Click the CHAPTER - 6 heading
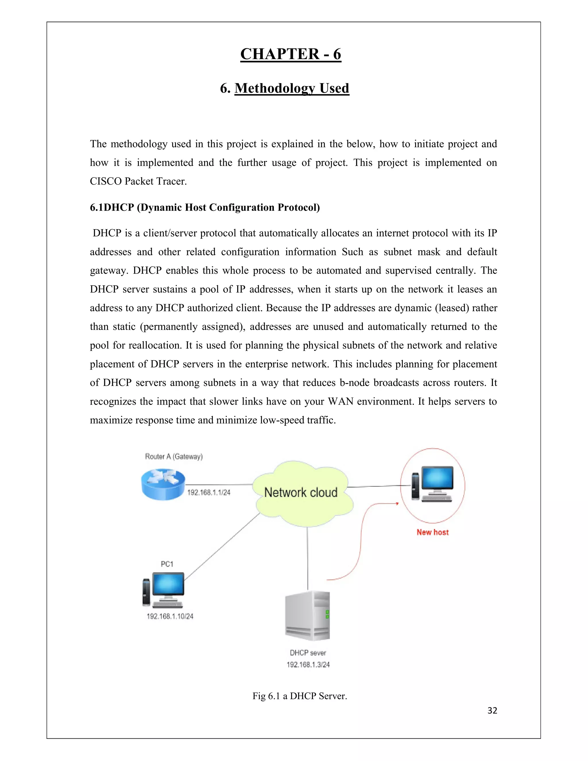(291, 54)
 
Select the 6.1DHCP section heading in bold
(205, 207)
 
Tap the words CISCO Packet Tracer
(138, 181)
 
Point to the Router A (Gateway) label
(173, 457)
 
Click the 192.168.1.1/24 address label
(209, 492)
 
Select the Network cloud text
(301, 492)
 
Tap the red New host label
(432, 532)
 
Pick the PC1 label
(167, 564)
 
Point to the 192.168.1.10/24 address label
(170, 616)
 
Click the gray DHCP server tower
(307, 616)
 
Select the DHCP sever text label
(308, 653)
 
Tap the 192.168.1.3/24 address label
(308, 665)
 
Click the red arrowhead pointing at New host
(397, 503)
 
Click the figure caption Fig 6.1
(299, 696)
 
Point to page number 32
(492, 710)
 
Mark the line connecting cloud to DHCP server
(307, 557)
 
